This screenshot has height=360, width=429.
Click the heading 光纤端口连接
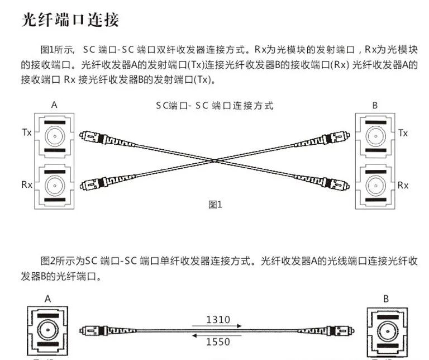tap(70, 21)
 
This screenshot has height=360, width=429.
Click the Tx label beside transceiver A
tap(26, 132)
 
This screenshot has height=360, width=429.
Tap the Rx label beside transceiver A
tap(26, 184)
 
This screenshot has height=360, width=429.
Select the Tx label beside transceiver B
tap(403, 133)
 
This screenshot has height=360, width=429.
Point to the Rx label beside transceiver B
tap(403, 185)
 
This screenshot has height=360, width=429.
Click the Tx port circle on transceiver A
tap(54, 135)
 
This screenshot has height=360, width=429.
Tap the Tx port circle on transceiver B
tap(375, 135)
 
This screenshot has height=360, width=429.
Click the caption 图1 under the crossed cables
tap(215, 205)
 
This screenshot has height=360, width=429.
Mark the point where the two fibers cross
tap(215, 160)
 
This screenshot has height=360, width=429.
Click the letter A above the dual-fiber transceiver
tap(54, 105)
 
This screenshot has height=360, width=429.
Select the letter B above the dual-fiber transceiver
tap(375, 105)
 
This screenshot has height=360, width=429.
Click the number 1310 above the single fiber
tap(218, 320)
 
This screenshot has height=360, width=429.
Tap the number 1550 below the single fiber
tap(218, 342)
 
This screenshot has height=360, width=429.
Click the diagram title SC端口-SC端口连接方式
tap(215, 106)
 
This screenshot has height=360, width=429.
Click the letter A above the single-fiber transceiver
tap(48, 299)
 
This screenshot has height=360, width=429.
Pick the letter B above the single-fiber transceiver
tap(386, 299)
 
